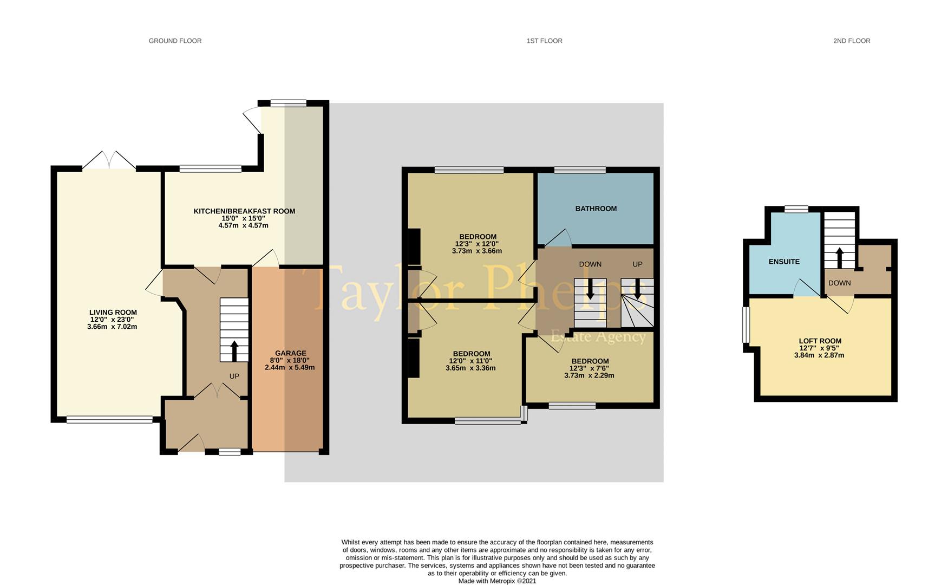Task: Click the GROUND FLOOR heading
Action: (x=175, y=41)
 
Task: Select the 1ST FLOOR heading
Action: (x=544, y=41)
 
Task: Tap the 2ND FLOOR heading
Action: (x=852, y=41)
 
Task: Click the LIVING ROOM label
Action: (x=113, y=313)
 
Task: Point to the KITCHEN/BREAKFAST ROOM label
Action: (x=244, y=211)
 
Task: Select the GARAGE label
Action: (x=290, y=353)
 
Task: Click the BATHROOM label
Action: (x=596, y=209)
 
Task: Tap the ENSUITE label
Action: (x=784, y=262)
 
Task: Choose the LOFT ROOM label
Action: (x=820, y=341)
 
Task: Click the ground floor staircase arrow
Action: (x=234, y=350)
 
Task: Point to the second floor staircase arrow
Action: (x=839, y=258)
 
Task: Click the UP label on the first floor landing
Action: (x=637, y=264)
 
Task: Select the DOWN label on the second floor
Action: (x=839, y=283)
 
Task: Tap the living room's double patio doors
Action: (x=109, y=160)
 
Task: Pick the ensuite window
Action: (x=796, y=209)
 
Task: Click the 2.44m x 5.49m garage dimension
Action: (x=290, y=367)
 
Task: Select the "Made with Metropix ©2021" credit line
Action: (x=497, y=581)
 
